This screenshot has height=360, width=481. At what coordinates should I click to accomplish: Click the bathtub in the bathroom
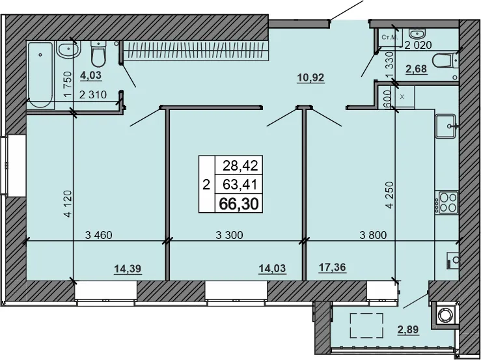point(40,74)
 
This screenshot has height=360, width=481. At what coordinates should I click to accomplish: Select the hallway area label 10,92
point(310,78)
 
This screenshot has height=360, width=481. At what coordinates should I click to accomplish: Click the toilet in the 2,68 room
point(445,61)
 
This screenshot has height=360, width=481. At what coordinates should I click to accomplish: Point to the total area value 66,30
point(239,204)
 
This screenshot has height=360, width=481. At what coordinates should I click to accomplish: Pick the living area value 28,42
point(239,166)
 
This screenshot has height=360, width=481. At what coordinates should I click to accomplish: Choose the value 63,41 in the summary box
point(239,185)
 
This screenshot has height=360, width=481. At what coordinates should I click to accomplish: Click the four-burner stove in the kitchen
point(448,202)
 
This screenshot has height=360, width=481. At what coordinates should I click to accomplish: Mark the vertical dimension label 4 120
point(67,204)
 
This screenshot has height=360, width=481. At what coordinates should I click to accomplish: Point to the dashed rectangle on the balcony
point(366,325)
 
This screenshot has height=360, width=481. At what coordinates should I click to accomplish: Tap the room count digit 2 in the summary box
point(206,185)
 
